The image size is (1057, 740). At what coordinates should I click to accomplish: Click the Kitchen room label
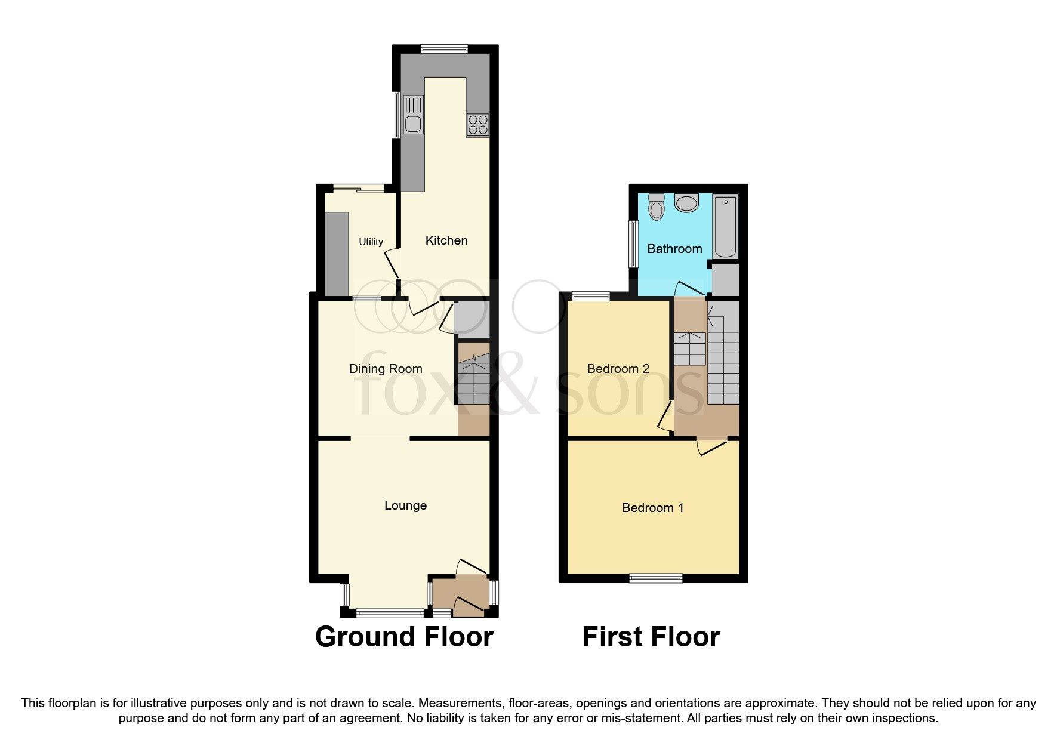tap(446, 240)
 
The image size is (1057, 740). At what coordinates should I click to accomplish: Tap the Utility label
tap(371, 242)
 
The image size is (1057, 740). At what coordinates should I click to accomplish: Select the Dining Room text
tap(386, 369)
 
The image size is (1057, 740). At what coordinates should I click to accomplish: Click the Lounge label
tap(405, 505)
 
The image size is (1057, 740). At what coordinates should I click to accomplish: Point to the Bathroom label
tap(674, 249)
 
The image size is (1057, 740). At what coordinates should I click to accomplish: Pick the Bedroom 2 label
tap(618, 369)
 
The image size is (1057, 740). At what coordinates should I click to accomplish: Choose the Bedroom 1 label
tap(652, 508)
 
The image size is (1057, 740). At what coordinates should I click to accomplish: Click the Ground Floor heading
tap(404, 637)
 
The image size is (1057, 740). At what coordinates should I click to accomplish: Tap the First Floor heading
tap(651, 637)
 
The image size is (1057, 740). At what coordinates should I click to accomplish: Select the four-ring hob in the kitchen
tap(477, 125)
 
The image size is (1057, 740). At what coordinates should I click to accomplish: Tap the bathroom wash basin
tap(686, 202)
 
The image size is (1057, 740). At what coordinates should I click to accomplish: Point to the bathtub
tap(725, 226)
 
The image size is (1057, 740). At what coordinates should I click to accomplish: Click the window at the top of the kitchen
tap(444, 50)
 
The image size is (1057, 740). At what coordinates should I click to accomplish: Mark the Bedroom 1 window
tap(656, 577)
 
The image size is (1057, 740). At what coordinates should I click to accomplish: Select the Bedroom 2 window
tap(591, 295)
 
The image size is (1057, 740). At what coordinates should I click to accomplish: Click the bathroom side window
tap(634, 243)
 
